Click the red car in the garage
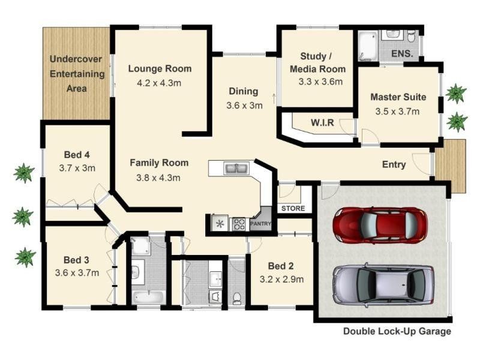pos(380,226)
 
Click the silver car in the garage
pos(383,284)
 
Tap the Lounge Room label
pos(160,68)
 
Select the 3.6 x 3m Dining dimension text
pos(244,106)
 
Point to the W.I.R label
pos(322,123)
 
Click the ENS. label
pos(402,54)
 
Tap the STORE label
pos(293,208)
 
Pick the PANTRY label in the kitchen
pos(260,224)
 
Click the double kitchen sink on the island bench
pos(236,169)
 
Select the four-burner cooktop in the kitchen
pos(239,224)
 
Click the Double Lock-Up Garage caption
pos(397,331)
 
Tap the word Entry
pos(394,164)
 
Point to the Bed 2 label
pos(281,266)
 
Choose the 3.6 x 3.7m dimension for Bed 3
pos(77,273)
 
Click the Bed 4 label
pos(77,155)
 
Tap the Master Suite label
pos(398,97)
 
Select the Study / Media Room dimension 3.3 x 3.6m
pos(320,82)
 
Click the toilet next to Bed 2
pos(237,298)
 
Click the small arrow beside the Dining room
pos(274,99)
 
